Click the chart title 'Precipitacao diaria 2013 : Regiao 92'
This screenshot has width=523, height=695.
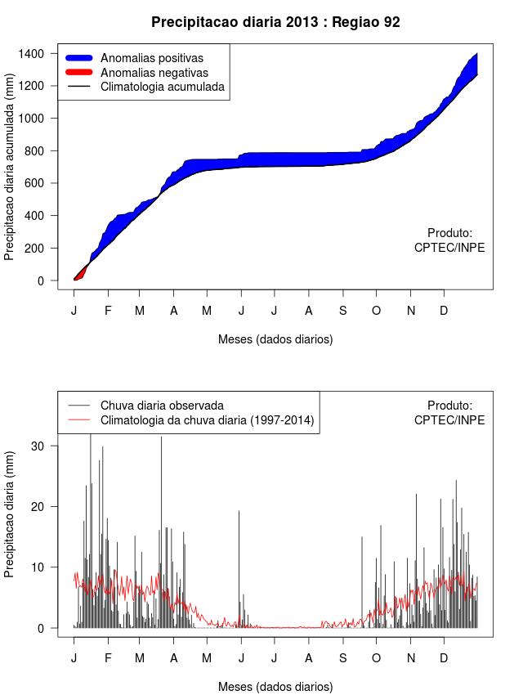click(275, 22)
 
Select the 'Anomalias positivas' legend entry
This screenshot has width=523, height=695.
click(151, 58)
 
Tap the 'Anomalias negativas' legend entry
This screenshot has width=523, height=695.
click(154, 72)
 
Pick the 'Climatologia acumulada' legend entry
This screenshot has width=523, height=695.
click(162, 86)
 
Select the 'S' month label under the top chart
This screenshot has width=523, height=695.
click(342, 311)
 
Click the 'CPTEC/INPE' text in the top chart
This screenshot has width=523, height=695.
click(449, 247)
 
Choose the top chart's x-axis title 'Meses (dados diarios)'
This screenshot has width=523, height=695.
click(275, 339)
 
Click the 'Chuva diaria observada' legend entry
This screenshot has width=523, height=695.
click(162, 406)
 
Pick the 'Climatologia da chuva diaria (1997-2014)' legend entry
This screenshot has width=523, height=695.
click(207, 420)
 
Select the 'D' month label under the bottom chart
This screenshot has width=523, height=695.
click(444, 658)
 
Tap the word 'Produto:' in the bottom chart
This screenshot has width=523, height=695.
click(449, 406)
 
